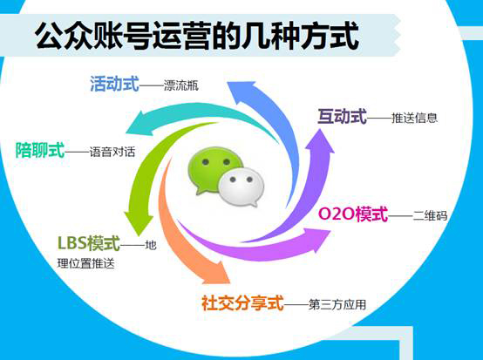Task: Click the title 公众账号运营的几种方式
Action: click(196, 36)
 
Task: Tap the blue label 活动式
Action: click(114, 84)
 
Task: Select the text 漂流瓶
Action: click(181, 85)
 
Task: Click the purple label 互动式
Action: click(343, 116)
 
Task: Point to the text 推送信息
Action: click(414, 118)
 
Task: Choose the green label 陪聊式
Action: click(40, 150)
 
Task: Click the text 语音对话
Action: click(112, 152)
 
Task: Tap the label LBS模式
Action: click(88, 243)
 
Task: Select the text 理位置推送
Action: click(86, 263)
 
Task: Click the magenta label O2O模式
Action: click(353, 214)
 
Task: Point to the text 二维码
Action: click(430, 215)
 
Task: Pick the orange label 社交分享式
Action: click(242, 302)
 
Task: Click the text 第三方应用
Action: click(337, 304)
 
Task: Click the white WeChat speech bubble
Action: click(241, 187)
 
